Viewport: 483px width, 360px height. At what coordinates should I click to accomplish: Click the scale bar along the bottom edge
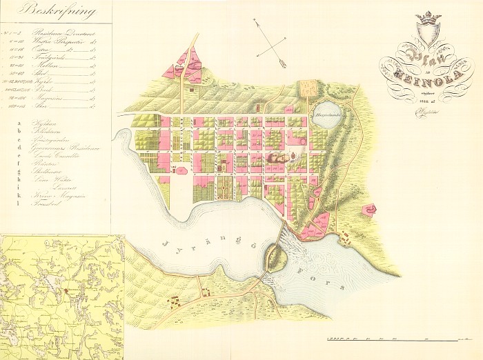click(393, 339)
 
